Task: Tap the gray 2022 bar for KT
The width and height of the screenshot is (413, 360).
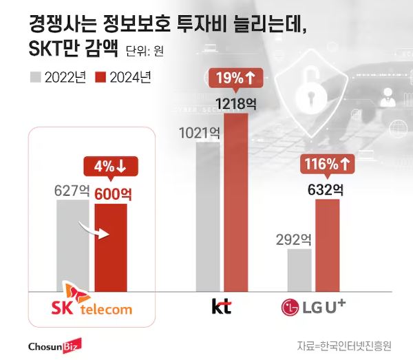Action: pyautogui.click(x=208, y=217)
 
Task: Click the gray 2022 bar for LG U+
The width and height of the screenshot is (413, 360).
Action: pyautogui.click(x=299, y=270)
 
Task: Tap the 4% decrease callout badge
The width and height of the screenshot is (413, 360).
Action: pyautogui.click(x=110, y=167)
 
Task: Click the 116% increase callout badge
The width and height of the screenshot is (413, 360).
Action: pyautogui.click(x=327, y=165)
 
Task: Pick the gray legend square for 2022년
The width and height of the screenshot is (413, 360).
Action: pyautogui.click(x=36, y=77)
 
